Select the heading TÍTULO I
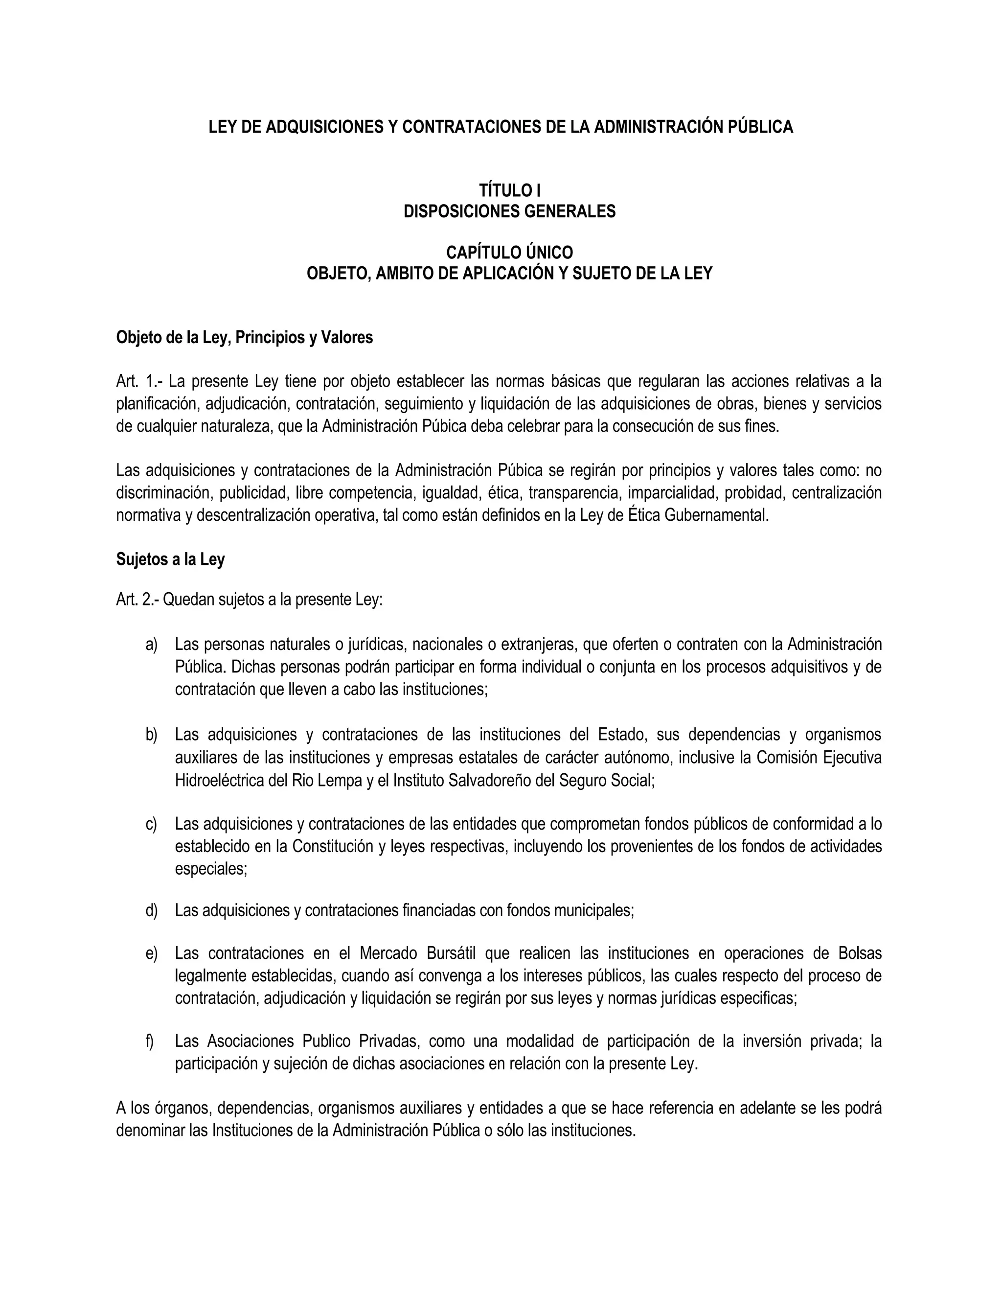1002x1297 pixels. pyautogui.click(x=509, y=190)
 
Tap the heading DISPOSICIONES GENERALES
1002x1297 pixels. pyautogui.click(x=509, y=211)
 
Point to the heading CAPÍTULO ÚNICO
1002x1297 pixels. pyautogui.click(x=509, y=253)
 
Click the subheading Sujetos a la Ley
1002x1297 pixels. pyautogui.click(x=170, y=559)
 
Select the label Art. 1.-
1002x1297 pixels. pyautogui.click(x=137, y=381)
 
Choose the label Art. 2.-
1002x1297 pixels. pyautogui.click(x=137, y=600)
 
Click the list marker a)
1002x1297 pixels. pyautogui.click(x=151, y=645)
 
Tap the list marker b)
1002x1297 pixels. pyautogui.click(x=151, y=735)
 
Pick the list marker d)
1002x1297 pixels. pyautogui.click(x=151, y=910)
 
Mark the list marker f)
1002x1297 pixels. pyautogui.click(x=150, y=1041)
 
